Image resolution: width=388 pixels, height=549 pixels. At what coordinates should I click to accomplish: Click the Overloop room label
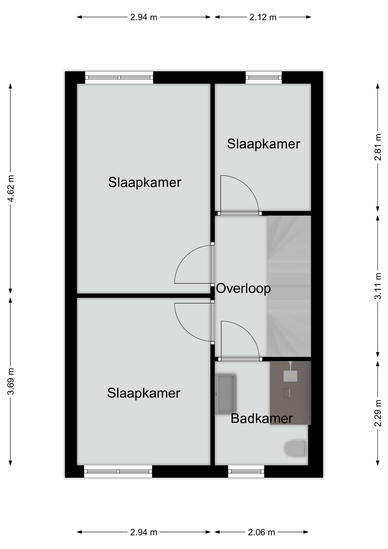243,288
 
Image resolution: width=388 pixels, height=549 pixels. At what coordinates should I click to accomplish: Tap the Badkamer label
262,419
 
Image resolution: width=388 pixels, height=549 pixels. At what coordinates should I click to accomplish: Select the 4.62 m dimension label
11,188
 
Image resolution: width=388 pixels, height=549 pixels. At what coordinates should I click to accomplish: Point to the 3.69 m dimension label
11,381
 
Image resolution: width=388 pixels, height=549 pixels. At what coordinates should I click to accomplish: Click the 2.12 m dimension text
263,17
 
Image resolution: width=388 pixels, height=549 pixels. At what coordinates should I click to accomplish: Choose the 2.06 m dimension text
261,532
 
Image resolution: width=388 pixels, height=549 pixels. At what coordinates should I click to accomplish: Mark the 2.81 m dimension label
378,147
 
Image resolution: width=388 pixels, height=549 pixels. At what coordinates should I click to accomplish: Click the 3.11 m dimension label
378,286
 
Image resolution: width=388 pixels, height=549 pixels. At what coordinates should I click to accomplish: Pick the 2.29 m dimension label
378,413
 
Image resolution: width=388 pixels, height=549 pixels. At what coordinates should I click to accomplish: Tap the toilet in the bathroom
295,448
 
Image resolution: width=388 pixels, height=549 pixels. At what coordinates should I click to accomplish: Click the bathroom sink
226,394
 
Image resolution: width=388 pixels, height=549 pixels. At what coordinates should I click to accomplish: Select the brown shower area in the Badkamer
290,393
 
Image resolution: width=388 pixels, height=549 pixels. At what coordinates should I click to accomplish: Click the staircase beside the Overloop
289,286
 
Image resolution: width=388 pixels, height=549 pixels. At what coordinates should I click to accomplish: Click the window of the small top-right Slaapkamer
263,77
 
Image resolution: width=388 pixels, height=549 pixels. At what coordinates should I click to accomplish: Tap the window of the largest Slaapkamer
119,77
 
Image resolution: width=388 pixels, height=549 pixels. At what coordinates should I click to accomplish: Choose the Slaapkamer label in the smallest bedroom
263,144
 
